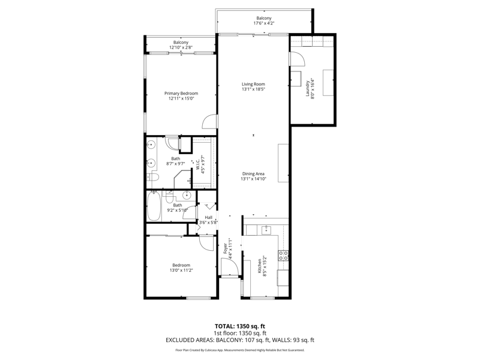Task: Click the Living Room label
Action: click(253, 84)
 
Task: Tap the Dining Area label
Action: click(253, 174)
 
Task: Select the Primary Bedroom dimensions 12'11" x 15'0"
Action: click(181, 98)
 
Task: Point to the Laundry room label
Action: click(308, 88)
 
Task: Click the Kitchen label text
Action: click(260, 266)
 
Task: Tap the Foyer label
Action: click(226, 248)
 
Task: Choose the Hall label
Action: click(208, 217)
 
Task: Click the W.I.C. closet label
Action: click(197, 165)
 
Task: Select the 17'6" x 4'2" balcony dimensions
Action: click(263, 23)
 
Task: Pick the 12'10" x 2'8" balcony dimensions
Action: click(181, 47)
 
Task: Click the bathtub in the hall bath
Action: click(154, 206)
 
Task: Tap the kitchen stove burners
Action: click(283, 256)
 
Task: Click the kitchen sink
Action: click(266, 230)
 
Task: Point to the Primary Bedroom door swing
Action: click(210, 122)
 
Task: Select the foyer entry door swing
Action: click(230, 267)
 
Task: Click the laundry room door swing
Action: click(298, 59)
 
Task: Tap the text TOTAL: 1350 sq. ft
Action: click(239, 326)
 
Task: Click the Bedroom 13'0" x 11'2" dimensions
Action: click(181, 271)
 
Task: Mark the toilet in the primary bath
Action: click(152, 177)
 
